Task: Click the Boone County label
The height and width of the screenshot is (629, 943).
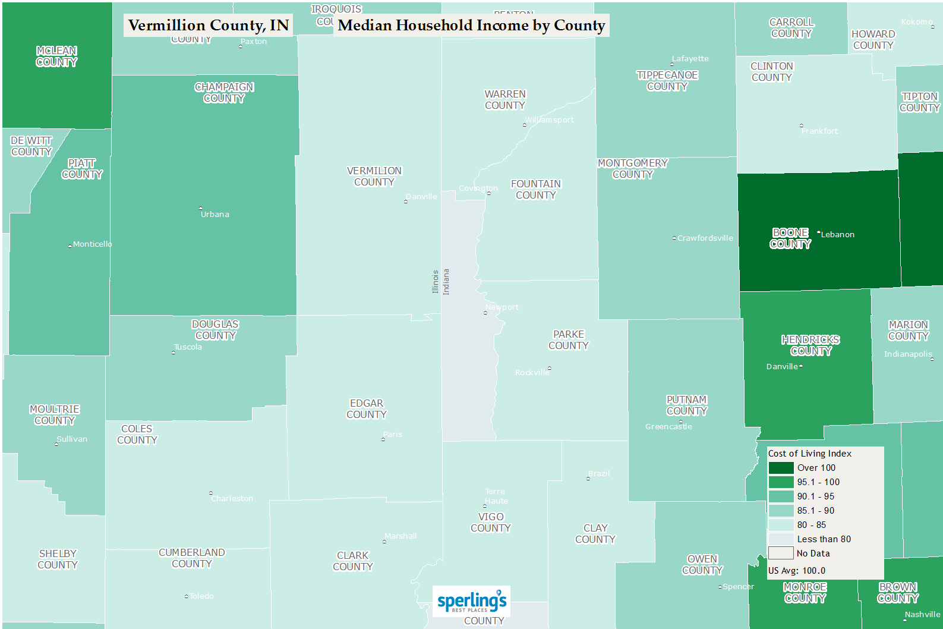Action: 790,238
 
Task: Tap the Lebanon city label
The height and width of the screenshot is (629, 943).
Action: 837,234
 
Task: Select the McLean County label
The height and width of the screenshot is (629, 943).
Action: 56,56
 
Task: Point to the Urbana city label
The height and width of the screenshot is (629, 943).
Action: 215,214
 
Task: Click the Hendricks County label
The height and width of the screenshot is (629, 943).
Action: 810,345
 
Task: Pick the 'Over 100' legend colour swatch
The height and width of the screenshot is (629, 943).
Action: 781,468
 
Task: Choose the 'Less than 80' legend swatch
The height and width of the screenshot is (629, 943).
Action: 781,539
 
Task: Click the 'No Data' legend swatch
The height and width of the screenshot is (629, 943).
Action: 781,553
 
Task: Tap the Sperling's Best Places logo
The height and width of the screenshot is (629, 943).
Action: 472,602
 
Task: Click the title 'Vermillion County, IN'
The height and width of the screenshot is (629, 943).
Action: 208,25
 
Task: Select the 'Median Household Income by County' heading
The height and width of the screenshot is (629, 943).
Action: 471,25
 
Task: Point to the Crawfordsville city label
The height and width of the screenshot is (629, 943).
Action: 705,238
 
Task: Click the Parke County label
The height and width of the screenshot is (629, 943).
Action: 569,340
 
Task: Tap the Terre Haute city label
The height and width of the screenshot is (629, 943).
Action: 496,496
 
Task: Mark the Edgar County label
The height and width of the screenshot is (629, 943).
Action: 367,409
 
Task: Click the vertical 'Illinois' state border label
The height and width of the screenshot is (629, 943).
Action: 435,282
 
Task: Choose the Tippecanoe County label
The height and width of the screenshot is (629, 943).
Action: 667,81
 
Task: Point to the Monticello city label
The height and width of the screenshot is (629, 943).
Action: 92,244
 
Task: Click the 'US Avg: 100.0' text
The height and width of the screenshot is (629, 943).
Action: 796,571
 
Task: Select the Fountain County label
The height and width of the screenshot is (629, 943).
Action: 536,190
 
